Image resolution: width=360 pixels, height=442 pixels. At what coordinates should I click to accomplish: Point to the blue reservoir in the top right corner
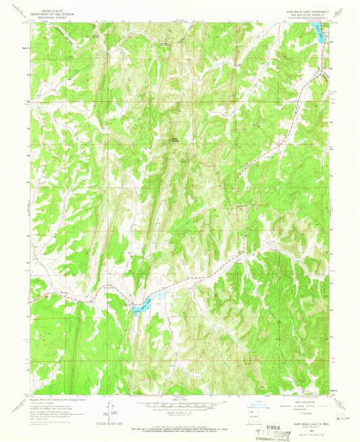click(x=317, y=32)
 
